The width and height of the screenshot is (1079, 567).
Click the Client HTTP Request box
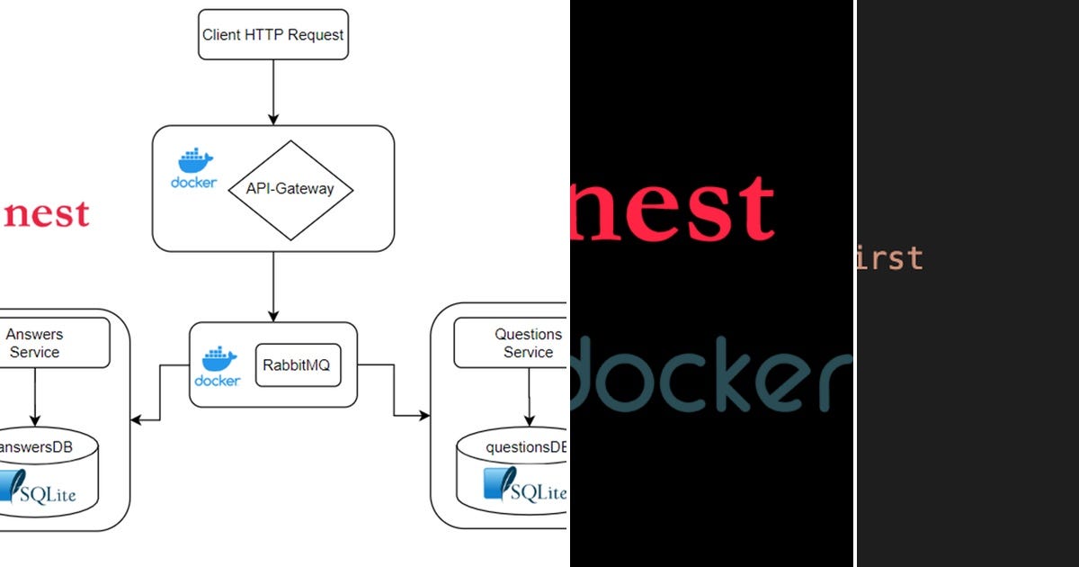point(272,36)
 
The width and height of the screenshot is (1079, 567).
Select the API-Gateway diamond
point(289,190)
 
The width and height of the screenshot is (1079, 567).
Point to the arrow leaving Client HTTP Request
point(272,92)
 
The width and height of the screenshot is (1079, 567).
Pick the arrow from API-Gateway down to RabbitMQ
point(272,286)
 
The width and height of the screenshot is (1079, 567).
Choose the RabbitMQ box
point(298,364)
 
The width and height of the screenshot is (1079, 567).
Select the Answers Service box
point(36,343)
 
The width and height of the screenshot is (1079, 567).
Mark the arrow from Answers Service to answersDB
point(35,396)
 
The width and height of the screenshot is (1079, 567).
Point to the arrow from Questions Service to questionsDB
point(529,396)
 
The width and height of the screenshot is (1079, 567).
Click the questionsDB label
point(525,447)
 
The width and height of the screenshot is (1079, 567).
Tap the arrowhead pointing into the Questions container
point(424,415)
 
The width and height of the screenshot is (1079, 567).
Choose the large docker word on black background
point(710,373)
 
